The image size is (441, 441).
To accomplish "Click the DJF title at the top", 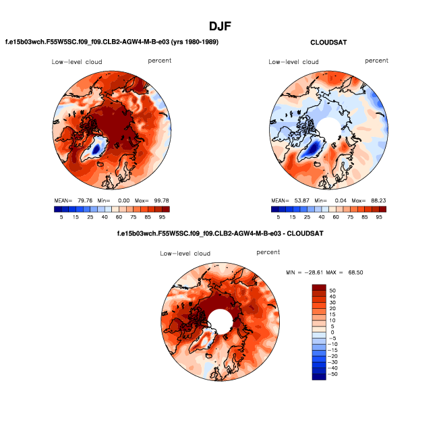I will [x=220, y=27].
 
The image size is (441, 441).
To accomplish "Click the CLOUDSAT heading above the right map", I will [x=328, y=42].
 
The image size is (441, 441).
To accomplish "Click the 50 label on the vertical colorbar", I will [x=333, y=291].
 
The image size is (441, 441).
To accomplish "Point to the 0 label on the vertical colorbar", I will [x=331, y=332].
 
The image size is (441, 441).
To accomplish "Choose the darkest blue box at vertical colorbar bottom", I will [x=319, y=376].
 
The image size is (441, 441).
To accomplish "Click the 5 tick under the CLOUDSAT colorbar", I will [x=278, y=217].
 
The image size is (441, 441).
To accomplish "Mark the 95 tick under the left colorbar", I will [x=162, y=217].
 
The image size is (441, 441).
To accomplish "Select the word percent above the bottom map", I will [x=268, y=252].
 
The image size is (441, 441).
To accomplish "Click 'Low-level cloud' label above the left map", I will [x=76, y=62].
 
